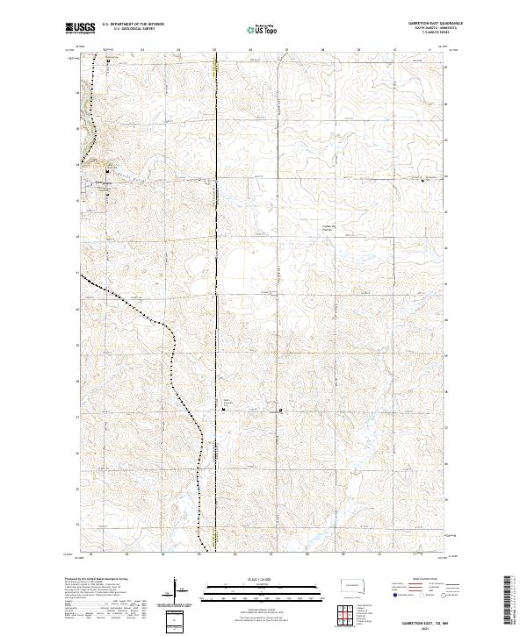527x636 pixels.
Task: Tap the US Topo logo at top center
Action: pos(263,30)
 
